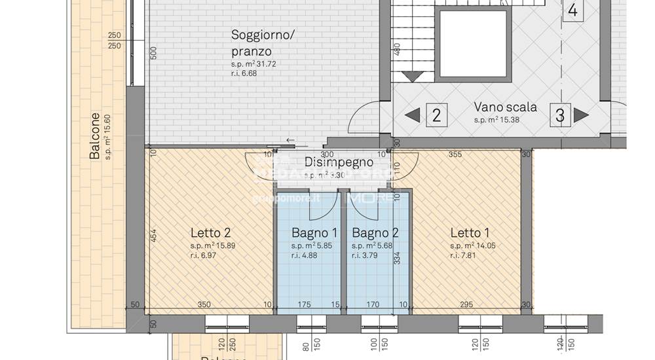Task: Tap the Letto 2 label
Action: point(210,232)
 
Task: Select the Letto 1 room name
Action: point(470,232)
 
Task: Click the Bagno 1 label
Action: point(314,232)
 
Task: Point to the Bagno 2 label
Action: point(375,232)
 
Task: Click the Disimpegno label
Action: point(339,162)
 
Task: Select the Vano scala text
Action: point(506,107)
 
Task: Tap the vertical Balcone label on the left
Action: point(96,136)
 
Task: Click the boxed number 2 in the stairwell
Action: point(437,115)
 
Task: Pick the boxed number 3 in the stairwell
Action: point(560,115)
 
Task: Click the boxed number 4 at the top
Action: point(572,10)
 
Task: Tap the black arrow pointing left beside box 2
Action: point(412,115)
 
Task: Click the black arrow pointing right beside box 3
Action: point(581,115)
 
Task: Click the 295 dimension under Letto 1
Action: point(466,304)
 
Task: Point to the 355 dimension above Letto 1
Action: point(456,154)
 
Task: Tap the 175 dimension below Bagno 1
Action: point(304,304)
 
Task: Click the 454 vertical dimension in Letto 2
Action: point(153,236)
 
